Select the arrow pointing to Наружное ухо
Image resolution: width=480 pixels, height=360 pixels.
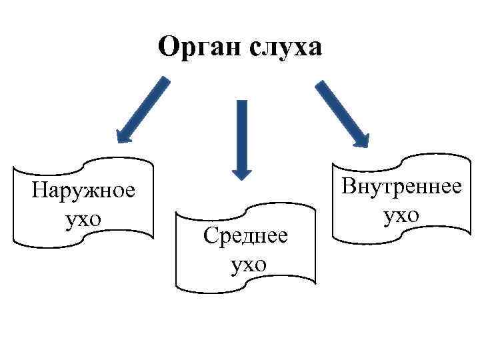click(x=143, y=109)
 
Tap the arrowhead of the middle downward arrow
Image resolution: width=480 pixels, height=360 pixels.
click(x=241, y=170)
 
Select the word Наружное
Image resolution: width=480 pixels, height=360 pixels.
click(x=83, y=191)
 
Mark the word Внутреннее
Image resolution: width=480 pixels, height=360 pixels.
click(x=401, y=186)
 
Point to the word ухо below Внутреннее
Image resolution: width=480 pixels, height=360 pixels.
click(x=401, y=215)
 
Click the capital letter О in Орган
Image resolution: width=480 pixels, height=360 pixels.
click(x=169, y=48)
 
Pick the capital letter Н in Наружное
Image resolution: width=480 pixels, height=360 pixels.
click(x=39, y=191)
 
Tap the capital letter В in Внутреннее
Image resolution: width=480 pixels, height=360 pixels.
click(x=349, y=186)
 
